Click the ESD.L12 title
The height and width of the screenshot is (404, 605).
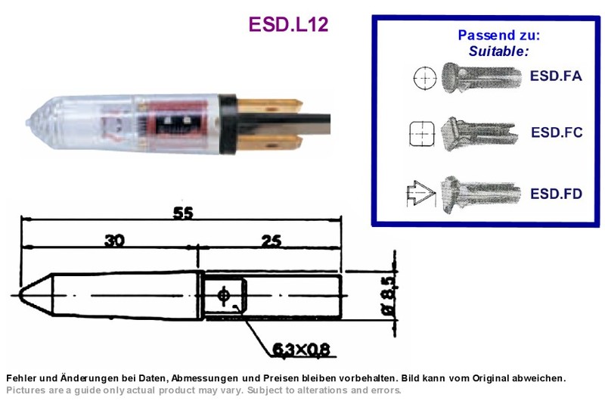pos(289,24)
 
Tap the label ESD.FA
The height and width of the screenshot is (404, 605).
pos(556,76)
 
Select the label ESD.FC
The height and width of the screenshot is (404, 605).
pos(557,132)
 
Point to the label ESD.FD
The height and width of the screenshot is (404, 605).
pos(556,194)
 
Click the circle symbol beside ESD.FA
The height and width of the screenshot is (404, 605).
pos(425,78)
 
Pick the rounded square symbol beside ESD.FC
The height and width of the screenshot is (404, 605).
pos(422,134)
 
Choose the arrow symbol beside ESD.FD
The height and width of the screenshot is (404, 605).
pos(421,193)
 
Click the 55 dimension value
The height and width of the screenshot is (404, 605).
pos(183,213)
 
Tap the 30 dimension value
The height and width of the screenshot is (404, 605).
pos(115,241)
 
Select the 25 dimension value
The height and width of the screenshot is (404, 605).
pos(271,241)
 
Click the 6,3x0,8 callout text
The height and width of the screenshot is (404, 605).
pos(301,350)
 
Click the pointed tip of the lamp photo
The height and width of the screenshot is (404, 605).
pos(27,123)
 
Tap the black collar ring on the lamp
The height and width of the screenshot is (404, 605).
pos(228,124)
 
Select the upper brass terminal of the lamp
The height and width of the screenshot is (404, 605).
pos(269,106)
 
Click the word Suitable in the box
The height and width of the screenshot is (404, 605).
pos(498,51)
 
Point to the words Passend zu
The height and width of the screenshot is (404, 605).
pos(498,35)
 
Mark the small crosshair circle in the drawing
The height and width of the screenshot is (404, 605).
pos(223,296)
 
